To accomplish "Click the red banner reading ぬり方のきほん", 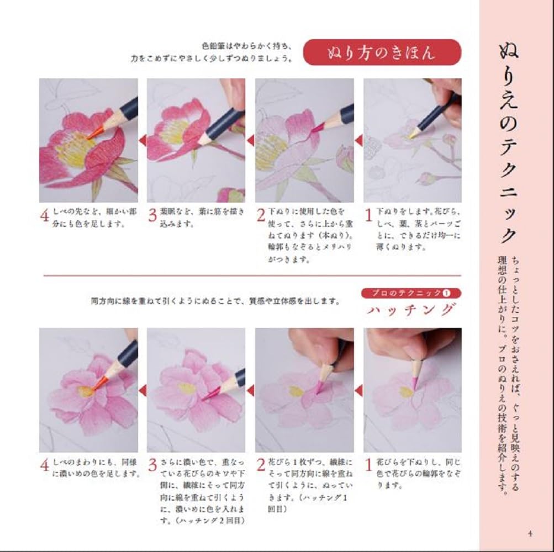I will point(382,52).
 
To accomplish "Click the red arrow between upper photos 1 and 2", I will point(358,141).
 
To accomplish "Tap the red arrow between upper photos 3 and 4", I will point(142,141).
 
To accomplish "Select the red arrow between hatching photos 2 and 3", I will point(250,390).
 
